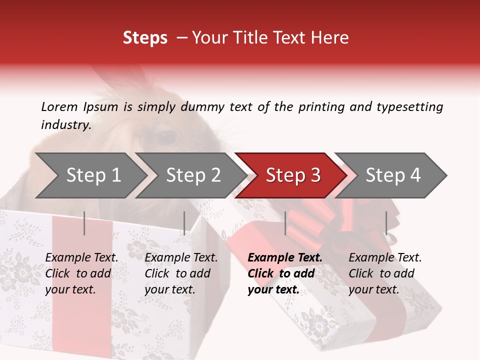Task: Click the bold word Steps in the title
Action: pos(145,38)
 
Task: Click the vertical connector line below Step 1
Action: pos(84,223)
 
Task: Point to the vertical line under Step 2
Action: pos(184,223)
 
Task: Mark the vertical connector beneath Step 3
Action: pos(285,223)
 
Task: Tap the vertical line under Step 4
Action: pos(386,223)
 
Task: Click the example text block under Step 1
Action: pos(81,273)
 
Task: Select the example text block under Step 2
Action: pos(181,273)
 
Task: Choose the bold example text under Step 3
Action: pos(285,273)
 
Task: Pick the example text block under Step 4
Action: pos(385,273)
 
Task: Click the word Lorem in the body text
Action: pos(59,106)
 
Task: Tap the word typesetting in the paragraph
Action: pos(409,107)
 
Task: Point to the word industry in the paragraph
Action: pos(65,125)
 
